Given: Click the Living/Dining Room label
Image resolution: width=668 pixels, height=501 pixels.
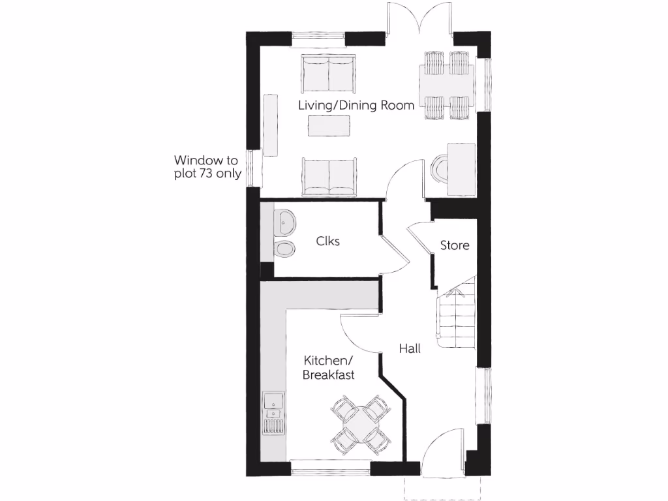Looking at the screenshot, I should pos(356,105).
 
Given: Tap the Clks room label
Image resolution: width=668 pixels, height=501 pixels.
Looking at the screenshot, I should pos(327,241).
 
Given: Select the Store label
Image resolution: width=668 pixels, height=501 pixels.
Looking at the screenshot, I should pos(455,245).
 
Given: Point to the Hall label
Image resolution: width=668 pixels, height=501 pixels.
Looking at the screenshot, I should pos(410,348).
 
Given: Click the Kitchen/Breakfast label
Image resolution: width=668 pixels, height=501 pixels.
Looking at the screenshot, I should pos(328,367).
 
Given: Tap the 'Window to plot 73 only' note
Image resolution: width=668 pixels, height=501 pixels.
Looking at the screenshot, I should pos(207,166).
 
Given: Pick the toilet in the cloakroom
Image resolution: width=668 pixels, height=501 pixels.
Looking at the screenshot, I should pos(284,248).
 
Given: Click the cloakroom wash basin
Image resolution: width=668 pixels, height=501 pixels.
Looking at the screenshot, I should pos(285,223).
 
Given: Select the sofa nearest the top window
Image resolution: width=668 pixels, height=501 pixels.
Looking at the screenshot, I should pos(329,74).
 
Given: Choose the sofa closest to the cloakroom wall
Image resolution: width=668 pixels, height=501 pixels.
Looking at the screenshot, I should pos(329,175).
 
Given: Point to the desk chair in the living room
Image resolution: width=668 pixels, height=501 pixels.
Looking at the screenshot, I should pos(439,169).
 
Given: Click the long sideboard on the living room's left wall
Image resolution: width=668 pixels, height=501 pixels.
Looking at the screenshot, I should pos(270,125).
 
